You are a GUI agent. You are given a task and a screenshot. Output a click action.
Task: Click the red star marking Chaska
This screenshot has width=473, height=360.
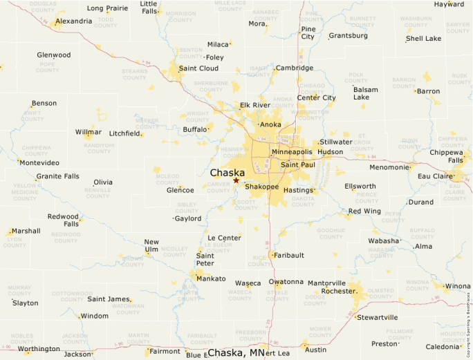coord(236,180)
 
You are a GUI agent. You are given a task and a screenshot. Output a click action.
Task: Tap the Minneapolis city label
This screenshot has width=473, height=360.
coord(292,151)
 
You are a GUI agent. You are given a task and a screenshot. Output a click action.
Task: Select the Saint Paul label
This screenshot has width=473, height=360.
coord(298,165)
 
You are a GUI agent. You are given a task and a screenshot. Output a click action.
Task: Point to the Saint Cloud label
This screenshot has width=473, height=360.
coord(198,68)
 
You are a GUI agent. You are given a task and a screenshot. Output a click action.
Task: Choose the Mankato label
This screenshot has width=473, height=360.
coord(211,278)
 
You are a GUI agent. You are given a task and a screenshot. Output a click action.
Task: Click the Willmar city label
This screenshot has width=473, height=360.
coord(88,131)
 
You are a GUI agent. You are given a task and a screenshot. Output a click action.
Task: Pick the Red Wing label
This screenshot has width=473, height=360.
coord(364,211)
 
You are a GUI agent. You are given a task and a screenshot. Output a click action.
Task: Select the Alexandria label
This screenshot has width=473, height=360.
coord(73,21)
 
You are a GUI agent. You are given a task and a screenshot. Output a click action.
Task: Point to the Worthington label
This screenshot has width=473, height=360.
coord(39,349)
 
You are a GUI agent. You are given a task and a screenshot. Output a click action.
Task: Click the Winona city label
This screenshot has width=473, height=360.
coord(458,286)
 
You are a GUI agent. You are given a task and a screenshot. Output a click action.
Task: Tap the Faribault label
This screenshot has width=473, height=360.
coord(289,255)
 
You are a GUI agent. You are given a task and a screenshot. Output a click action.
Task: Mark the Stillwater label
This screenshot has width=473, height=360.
coord(336,142)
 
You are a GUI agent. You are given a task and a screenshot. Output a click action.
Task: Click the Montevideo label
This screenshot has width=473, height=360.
coord(39,162)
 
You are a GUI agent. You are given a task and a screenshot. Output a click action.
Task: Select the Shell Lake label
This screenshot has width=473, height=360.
coord(424,39)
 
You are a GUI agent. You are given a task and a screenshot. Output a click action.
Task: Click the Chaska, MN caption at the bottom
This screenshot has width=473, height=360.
coord(236,353)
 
